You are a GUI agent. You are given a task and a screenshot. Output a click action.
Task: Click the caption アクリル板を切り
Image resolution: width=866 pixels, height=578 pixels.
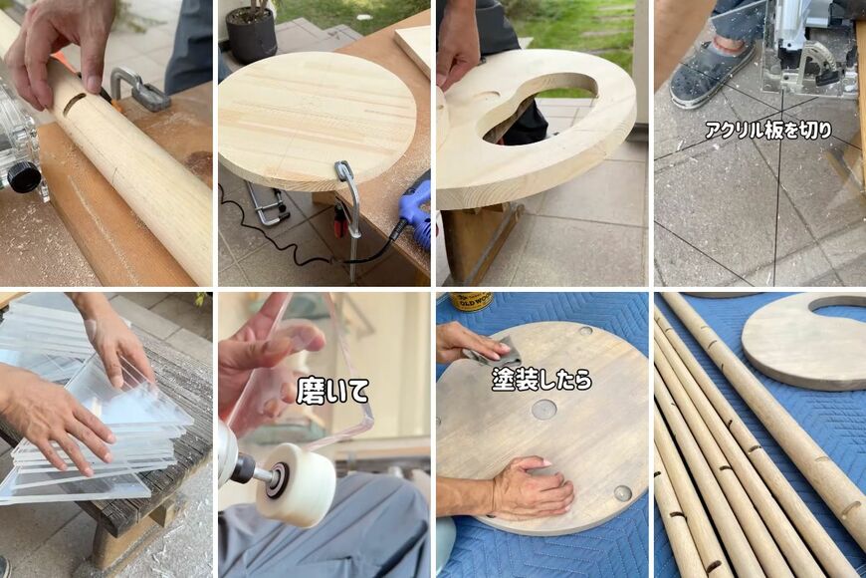click(768, 130)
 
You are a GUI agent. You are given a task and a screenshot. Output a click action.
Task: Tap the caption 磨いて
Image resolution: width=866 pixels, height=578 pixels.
click(332, 391)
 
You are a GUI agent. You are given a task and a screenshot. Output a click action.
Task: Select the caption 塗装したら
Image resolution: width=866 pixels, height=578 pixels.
click(541, 380)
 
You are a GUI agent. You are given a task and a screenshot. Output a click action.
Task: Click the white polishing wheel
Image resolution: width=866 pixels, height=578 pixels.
click(296, 484)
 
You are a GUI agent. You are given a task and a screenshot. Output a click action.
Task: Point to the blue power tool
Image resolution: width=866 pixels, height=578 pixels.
click(416, 210)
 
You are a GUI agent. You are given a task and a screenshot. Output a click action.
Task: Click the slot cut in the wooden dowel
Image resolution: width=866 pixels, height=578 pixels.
click(75, 104)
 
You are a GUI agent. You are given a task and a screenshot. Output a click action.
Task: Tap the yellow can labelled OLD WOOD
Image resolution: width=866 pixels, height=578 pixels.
click(471, 301)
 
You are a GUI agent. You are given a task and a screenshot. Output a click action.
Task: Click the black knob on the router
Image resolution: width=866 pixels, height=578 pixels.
click(24, 177)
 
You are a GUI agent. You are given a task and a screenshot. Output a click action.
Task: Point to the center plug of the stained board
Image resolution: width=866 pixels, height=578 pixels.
click(543, 411)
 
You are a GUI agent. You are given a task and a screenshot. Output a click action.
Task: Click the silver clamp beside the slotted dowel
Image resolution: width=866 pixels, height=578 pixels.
click(138, 89)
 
